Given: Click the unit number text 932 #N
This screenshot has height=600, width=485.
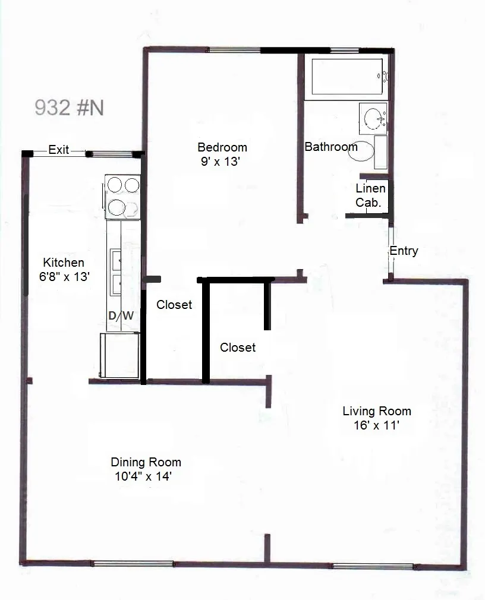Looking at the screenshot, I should click(70, 108).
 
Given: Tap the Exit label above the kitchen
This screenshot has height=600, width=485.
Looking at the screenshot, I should click(59, 150).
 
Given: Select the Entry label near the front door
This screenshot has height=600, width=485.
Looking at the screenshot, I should click(404, 251).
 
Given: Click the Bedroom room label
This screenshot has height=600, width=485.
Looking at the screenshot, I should click(222, 147).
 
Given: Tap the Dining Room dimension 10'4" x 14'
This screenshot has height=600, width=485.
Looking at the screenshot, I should click(146, 476).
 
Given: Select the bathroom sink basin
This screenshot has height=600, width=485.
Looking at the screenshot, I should click(374, 118).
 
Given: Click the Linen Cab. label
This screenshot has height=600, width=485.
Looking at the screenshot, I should click(370, 195).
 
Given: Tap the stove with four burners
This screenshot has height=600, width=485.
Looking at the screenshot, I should click(122, 197).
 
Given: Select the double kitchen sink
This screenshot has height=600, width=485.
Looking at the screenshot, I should click(116, 271).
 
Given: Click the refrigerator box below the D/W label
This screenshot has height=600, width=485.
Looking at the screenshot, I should click(120, 355).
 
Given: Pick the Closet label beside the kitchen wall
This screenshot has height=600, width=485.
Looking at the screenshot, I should click(174, 305).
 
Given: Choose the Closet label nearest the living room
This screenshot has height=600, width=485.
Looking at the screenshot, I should click(238, 348).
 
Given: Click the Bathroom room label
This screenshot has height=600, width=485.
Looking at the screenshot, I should click(331, 147).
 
